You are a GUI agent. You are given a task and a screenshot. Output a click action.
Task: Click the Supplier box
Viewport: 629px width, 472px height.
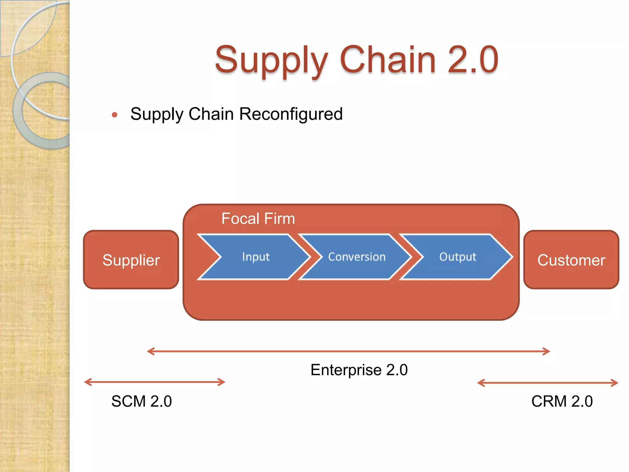(x=131, y=260)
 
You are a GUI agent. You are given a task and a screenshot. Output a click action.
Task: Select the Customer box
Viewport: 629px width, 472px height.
(x=571, y=260)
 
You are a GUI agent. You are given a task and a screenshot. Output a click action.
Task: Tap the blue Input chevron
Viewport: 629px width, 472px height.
(x=256, y=257)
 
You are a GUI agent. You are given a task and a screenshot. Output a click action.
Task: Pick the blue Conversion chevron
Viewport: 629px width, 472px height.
(x=357, y=257)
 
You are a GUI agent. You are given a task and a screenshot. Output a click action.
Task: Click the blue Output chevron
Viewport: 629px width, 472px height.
(x=458, y=257)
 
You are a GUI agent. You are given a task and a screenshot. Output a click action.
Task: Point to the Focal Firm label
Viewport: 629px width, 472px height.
(x=258, y=219)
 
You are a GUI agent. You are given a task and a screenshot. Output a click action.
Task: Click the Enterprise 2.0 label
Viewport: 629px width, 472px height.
(x=359, y=370)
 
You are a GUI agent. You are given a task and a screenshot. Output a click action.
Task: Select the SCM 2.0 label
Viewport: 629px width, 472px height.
(x=141, y=401)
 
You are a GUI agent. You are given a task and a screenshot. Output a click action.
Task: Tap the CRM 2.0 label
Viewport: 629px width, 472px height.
(x=562, y=401)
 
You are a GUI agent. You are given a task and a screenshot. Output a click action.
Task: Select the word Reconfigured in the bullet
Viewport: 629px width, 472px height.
(x=291, y=114)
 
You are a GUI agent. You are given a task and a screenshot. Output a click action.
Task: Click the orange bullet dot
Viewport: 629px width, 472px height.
(x=115, y=115)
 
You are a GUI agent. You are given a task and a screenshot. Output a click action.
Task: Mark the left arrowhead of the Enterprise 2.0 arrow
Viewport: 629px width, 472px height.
(x=150, y=351)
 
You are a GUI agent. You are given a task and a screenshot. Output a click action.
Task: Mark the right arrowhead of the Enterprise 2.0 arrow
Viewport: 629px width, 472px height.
(x=547, y=351)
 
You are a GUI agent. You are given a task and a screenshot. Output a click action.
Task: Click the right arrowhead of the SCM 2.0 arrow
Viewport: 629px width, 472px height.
(x=223, y=382)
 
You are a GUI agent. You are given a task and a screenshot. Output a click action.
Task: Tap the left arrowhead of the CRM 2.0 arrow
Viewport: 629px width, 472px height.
(x=480, y=383)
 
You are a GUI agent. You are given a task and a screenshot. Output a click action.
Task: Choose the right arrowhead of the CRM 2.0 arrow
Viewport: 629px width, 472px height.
(x=615, y=383)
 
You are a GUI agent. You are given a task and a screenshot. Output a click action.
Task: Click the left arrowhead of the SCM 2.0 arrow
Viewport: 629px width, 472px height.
(x=87, y=382)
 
